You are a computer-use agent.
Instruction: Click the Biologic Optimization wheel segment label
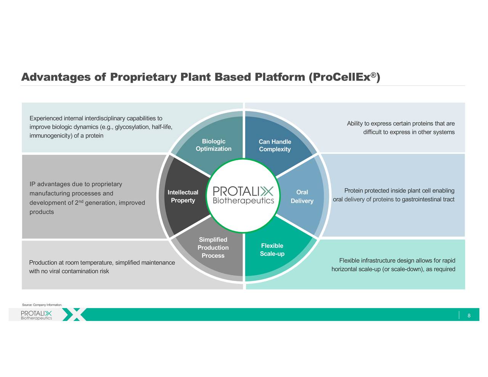[213, 145]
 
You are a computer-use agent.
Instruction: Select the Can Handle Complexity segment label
[274, 146]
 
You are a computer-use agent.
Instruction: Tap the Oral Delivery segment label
[302, 197]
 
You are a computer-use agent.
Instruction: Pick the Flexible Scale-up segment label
[272, 250]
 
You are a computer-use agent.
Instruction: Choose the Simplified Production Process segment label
[213, 247]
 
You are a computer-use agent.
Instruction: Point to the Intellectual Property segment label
[183, 196]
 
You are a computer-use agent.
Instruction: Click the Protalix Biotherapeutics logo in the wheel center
[243, 195]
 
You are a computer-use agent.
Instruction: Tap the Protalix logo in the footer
[36, 315]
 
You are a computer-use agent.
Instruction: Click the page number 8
[469, 316]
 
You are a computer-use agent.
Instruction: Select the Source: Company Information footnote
[42, 305]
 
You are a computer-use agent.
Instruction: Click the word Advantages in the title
[56, 77]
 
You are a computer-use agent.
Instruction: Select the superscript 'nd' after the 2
[81, 201]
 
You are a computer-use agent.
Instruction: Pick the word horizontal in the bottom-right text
[344, 270]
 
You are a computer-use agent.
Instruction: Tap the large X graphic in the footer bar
[75, 314]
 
